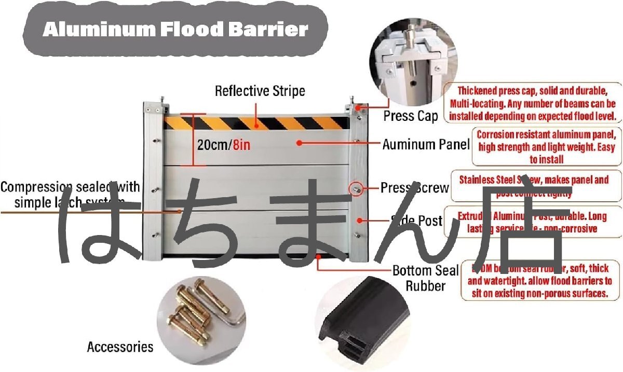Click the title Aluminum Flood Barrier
[x=175, y=30]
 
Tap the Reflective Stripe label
[x=260, y=91]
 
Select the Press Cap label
[x=411, y=116]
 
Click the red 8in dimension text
[x=241, y=145]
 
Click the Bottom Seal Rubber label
[x=425, y=278]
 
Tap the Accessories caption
[x=120, y=347]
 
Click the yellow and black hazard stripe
[x=256, y=123]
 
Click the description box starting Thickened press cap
[x=533, y=103]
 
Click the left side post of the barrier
[x=152, y=182]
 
